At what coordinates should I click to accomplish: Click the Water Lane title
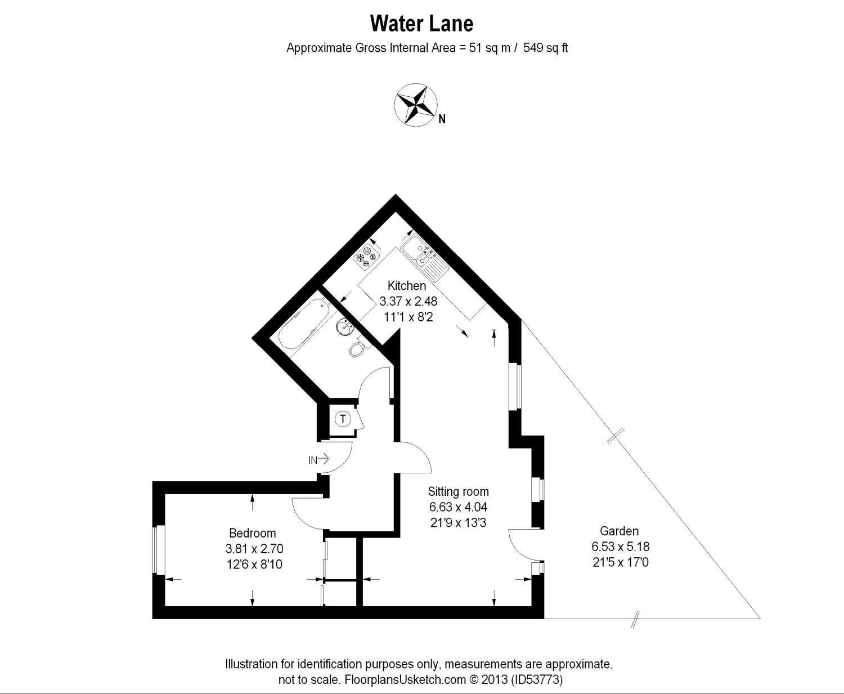[421, 24]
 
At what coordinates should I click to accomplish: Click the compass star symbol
[415, 104]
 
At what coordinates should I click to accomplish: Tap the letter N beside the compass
[442, 119]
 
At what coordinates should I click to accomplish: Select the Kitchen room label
[407, 286]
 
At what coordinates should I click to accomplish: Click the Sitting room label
[458, 491]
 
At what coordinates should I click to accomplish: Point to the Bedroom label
[253, 533]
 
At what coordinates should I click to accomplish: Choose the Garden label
[619, 531]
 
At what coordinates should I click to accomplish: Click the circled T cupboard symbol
[343, 419]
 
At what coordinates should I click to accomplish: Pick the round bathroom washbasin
[344, 325]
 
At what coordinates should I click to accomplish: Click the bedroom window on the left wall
[160, 550]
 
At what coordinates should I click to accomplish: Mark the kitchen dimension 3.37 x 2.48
[408, 302]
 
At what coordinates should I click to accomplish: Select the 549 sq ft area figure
[545, 48]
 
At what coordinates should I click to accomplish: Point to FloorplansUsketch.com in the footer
[405, 679]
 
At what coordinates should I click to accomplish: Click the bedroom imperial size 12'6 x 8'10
[254, 563]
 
